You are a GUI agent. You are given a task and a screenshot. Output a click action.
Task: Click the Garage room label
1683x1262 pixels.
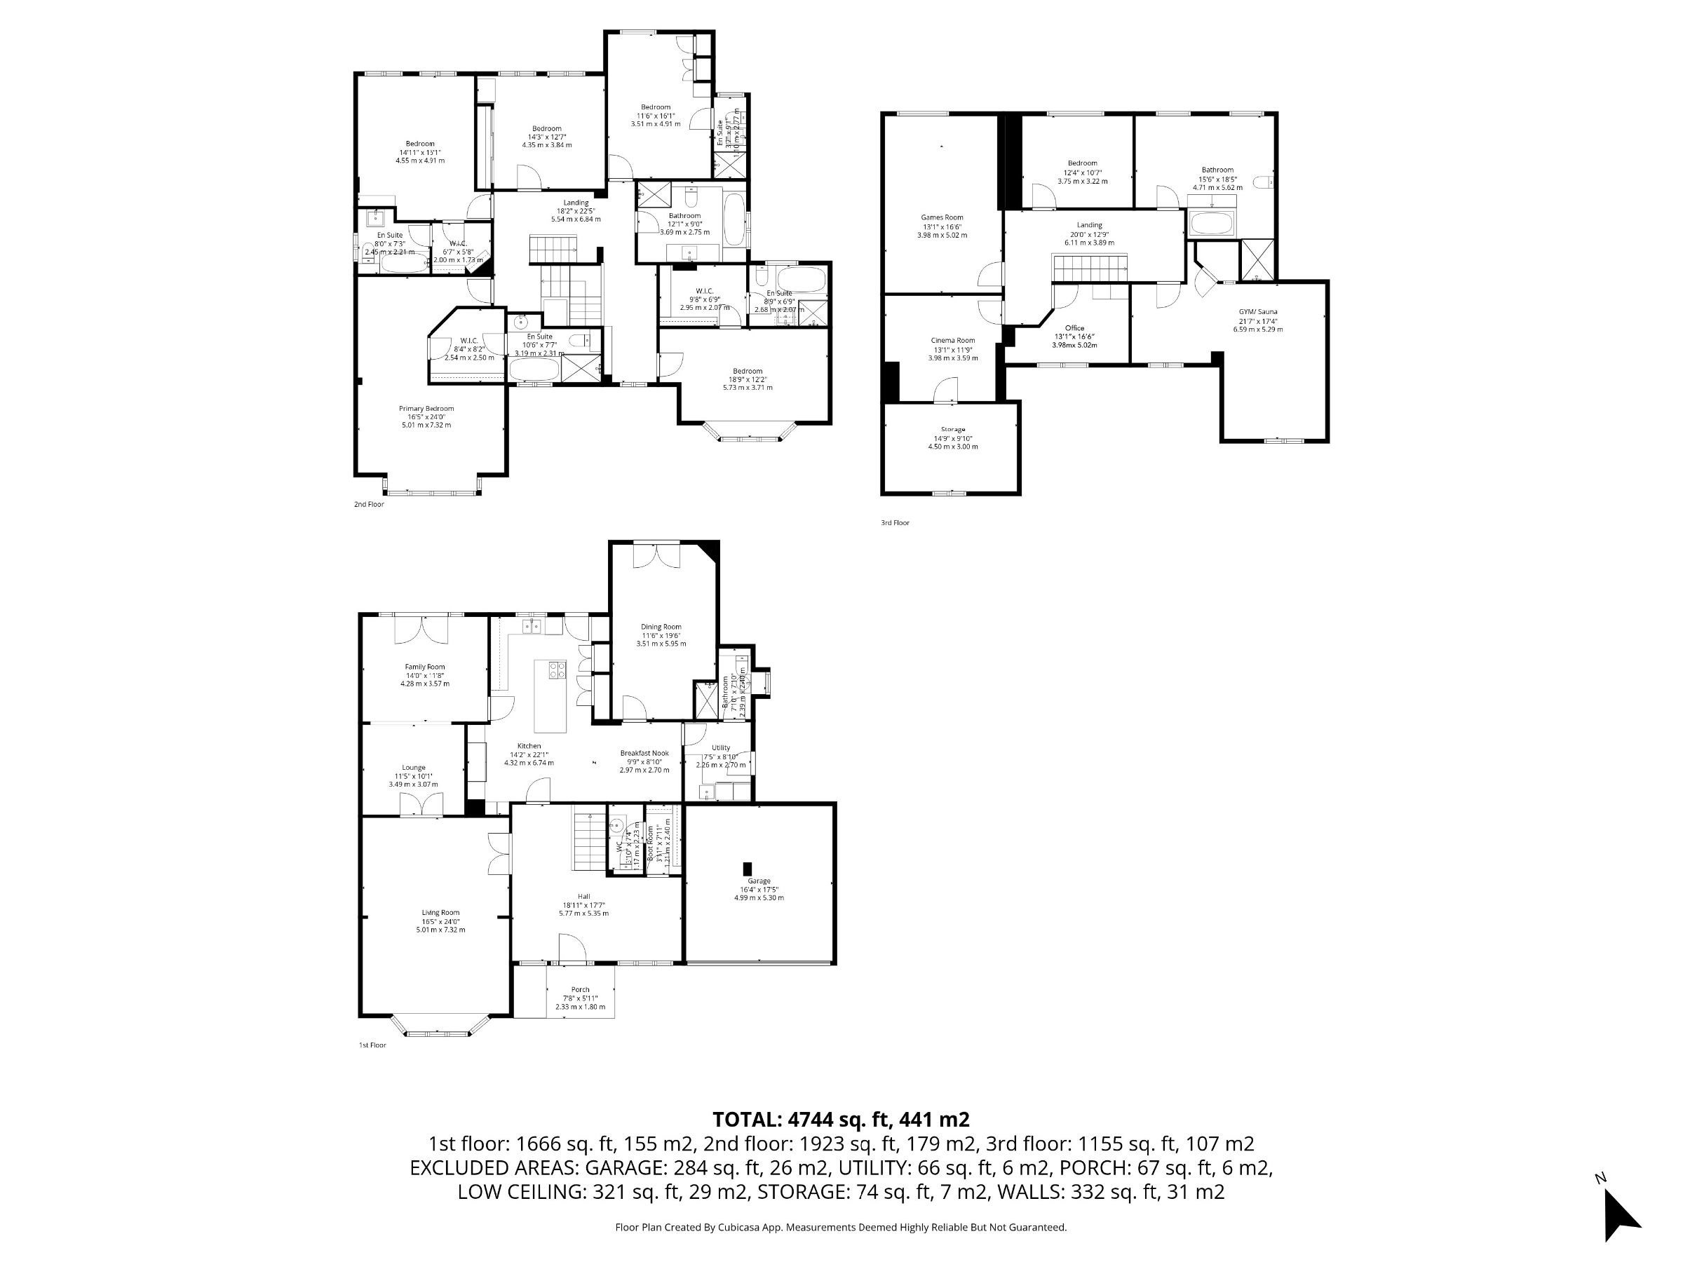(759, 881)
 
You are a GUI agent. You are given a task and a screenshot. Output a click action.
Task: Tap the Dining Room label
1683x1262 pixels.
(661, 627)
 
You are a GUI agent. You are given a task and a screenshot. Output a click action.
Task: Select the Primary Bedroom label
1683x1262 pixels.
(426, 409)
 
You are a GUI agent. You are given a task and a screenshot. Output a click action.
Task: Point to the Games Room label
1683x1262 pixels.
(942, 217)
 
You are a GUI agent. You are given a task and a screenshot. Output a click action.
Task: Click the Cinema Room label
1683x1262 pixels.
(952, 341)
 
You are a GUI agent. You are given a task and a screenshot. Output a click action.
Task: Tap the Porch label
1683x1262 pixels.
(581, 990)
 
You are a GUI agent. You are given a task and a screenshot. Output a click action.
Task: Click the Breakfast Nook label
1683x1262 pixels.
(644, 753)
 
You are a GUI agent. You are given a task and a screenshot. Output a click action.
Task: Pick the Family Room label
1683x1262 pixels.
(424, 667)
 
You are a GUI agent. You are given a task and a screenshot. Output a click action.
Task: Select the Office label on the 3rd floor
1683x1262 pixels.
(1074, 328)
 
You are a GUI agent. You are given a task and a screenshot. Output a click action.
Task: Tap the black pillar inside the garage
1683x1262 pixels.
(747, 868)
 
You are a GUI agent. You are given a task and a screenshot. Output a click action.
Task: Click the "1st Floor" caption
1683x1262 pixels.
(373, 1045)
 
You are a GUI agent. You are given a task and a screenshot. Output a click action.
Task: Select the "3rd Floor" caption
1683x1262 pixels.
(895, 522)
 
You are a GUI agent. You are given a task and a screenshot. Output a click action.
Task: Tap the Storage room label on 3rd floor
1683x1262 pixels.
(952, 430)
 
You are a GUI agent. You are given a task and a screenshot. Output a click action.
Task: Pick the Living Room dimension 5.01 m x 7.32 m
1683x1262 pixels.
(440, 930)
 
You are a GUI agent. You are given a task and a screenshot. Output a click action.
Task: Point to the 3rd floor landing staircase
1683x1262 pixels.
(1090, 268)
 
